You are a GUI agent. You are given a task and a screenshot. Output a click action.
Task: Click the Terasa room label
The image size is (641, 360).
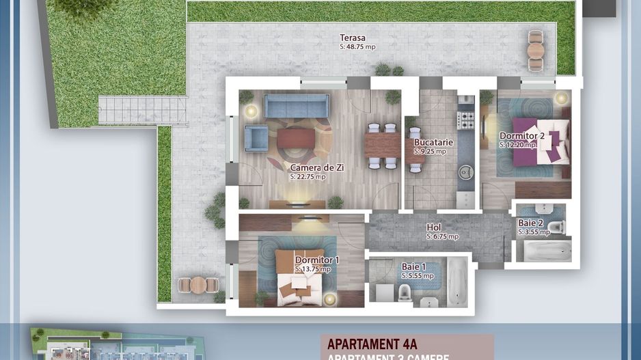[x=353, y=38]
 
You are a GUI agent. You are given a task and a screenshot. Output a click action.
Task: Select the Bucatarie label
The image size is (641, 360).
[x=433, y=143]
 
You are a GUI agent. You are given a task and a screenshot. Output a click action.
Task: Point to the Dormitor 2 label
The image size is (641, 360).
[x=521, y=136]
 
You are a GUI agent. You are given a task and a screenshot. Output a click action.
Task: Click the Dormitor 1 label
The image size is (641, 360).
[x=316, y=260]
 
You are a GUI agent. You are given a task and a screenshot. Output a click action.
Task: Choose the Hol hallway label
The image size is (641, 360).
[x=433, y=227]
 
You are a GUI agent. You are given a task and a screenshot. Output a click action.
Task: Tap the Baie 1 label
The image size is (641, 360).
[x=413, y=267]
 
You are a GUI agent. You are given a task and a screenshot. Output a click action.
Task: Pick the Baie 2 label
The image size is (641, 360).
[x=530, y=223]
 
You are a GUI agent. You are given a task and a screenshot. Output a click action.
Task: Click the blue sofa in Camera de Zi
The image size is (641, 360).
[x=297, y=106]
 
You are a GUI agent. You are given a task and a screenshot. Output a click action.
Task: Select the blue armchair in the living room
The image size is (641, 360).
[x=256, y=139]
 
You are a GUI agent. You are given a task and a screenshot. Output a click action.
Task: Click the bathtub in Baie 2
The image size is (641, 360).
[x=543, y=250]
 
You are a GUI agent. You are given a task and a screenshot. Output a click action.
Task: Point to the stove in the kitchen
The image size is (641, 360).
[x=465, y=120]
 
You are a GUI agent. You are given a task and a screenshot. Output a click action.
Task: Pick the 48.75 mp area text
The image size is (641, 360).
[x=357, y=47]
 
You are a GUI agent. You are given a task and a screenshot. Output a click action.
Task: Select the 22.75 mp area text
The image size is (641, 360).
[x=308, y=177]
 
